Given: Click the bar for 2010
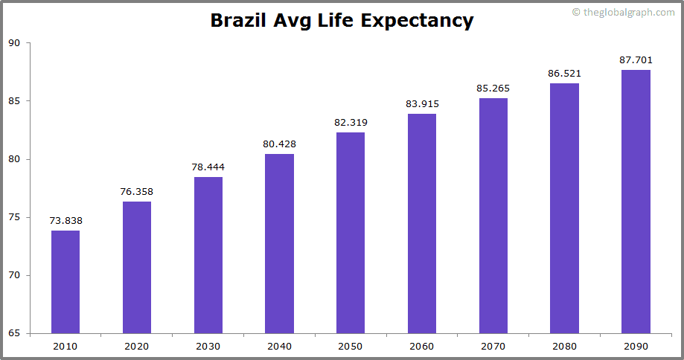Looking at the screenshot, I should pyautogui.click(x=65, y=282).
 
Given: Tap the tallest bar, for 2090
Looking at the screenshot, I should pyautogui.click(x=636, y=202).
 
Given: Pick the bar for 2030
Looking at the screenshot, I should pyautogui.click(x=208, y=255).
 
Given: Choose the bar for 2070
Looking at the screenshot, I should pyautogui.click(x=493, y=216).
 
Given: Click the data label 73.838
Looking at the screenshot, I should pyautogui.click(x=65, y=221).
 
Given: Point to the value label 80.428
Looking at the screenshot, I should pyautogui.click(x=280, y=144).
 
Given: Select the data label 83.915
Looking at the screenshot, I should pyautogui.click(x=422, y=104).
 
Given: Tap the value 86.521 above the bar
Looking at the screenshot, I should pyautogui.click(x=565, y=74).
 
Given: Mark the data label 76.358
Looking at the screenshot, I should pyautogui.click(x=137, y=192).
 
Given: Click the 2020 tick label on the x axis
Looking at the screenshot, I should pyautogui.click(x=137, y=346).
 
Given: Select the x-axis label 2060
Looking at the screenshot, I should pyautogui.click(x=422, y=346).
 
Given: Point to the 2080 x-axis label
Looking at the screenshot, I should pyautogui.click(x=565, y=346).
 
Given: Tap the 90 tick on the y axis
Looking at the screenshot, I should pyautogui.click(x=14, y=43).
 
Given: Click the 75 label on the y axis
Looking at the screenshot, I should pyautogui.click(x=14, y=217).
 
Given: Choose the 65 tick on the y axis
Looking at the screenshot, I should pyautogui.click(x=14, y=333).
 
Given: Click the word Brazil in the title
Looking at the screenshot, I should pyautogui.click(x=238, y=21).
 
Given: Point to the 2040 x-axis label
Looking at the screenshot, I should pyautogui.click(x=280, y=346).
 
